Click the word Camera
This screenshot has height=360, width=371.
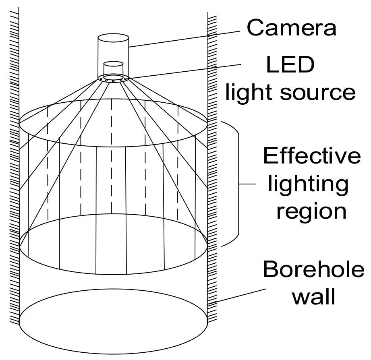[x=291, y=27]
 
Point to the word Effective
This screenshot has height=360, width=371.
[x=312, y=156]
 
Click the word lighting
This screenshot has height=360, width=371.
[x=308, y=184]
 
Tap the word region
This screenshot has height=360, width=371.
[x=311, y=211]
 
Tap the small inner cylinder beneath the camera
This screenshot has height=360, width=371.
[x=113, y=69]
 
